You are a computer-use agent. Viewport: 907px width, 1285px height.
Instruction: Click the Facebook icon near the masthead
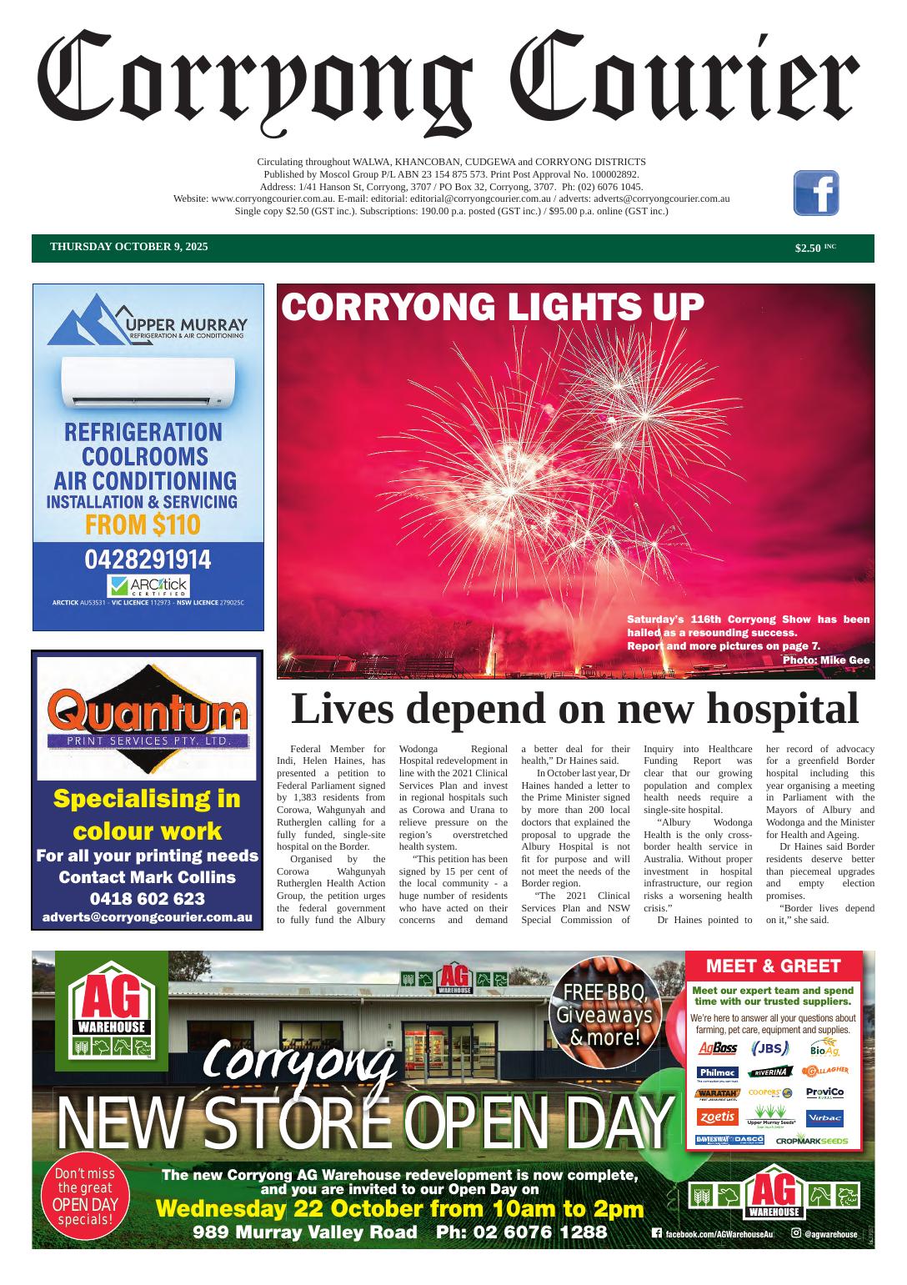[x=815, y=193]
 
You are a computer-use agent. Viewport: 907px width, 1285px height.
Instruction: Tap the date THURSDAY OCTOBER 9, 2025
[x=129, y=247]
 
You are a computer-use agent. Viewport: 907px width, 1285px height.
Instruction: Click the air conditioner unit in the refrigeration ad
[x=148, y=383]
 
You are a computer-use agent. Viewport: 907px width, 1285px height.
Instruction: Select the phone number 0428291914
[x=148, y=560]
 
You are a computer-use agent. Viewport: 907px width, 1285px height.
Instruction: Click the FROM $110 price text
[x=143, y=525]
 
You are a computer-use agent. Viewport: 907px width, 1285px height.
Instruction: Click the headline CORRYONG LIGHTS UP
[x=493, y=307]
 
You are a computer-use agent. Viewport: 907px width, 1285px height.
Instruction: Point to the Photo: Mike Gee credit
[x=825, y=660]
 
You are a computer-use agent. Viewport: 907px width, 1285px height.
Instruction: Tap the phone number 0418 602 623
[x=148, y=899]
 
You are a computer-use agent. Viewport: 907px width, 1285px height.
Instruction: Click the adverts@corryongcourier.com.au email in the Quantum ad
[x=148, y=917]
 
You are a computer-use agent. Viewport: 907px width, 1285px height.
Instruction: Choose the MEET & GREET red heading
[x=773, y=966]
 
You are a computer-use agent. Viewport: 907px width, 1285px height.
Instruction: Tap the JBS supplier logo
[x=769, y=1048]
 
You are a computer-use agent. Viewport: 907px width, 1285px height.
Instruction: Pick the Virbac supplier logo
[x=824, y=1118]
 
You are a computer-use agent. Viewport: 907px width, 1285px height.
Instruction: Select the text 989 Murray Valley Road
[x=305, y=1232]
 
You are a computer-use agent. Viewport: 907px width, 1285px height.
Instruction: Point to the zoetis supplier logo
[x=717, y=1117]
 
